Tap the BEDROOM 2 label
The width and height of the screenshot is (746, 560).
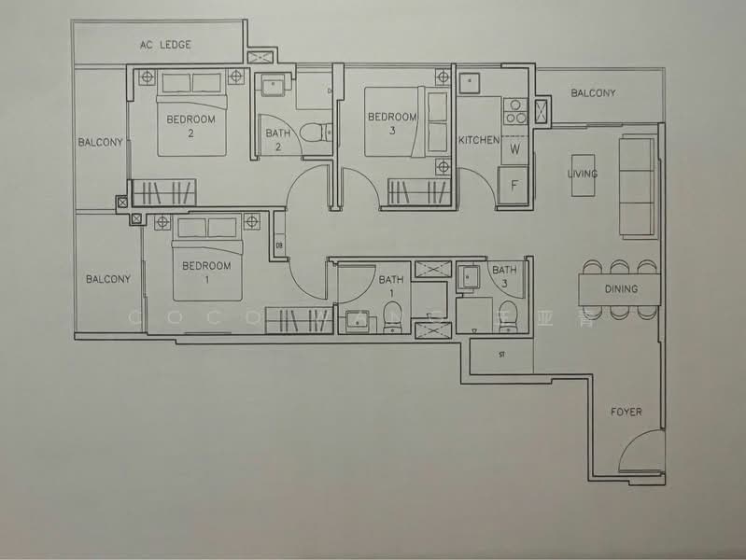[x=190, y=126]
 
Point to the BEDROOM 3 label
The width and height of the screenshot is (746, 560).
[x=391, y=123]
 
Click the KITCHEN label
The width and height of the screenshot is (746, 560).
[x=478, y=140]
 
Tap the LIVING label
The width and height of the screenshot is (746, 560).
[x=583, y=175]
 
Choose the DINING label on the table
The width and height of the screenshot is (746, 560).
[x=620, y=289]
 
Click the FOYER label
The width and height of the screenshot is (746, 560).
[x=626, y=412]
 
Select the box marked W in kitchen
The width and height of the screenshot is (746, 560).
[x=514, y=148]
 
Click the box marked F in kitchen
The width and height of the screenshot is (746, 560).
[x=514, y=185]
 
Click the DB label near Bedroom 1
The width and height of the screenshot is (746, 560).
[x=279, y=246]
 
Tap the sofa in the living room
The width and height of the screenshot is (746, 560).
[x=639, y=186]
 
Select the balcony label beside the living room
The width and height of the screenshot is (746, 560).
[x=593, y=93]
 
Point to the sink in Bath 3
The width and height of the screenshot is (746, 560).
[x=468, y=276]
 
